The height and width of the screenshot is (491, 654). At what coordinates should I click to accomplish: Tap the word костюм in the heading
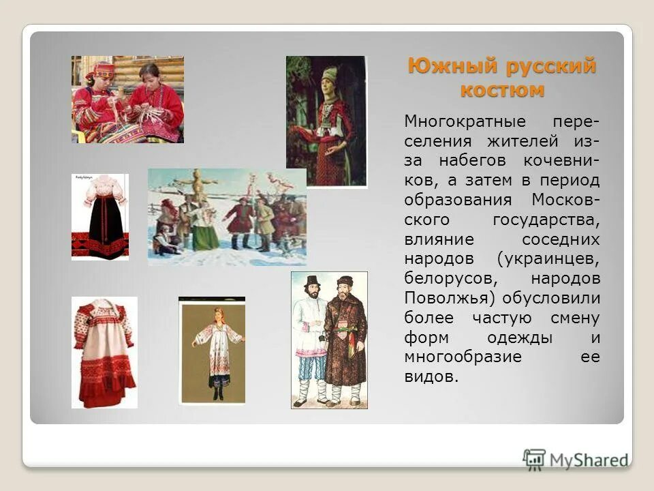502,90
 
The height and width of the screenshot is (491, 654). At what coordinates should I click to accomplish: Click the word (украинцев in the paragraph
548,260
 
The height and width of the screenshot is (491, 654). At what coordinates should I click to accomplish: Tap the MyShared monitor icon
535,459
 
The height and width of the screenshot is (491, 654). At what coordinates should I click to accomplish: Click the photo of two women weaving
127,100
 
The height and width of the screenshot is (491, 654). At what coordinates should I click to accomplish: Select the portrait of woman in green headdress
326,121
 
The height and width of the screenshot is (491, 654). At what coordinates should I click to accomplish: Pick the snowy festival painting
227,217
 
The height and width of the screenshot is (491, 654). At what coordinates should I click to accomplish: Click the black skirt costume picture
100,217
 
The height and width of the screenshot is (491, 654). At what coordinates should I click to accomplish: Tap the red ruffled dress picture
104,352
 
